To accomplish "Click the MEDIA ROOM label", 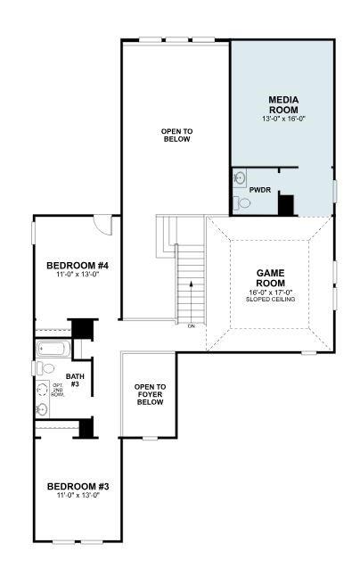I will (282, 103).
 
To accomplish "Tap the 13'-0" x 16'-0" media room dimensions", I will (282, 119).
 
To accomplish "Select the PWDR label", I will (260, 190).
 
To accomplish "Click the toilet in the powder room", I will (241, 204).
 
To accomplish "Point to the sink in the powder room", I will (239, 177).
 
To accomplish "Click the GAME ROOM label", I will (270, 278).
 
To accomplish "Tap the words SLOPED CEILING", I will (270, 299).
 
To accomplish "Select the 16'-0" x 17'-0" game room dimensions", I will (270, 291).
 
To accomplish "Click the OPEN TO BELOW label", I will (176, 136).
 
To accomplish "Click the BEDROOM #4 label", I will (77, 266).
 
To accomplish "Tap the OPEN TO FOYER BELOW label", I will (150, 393).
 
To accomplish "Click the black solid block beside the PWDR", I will (286, 204).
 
